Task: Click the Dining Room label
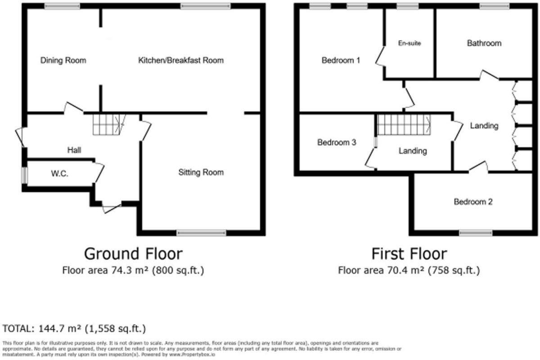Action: pos(63,60)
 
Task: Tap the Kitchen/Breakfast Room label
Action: pos(180,60)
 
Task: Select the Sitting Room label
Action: pos(201,172)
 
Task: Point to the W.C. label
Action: pos(59,174)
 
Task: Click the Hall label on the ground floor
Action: pos(74,150)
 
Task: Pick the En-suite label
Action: pos(409,44)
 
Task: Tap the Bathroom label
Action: pos(484,44)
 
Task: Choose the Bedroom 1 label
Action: pos(341,60)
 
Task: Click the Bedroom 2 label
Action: pos(473,202)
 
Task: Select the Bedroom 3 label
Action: pos(337,143)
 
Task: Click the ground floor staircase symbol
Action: pos(108,124)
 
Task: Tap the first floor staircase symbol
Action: pos(404,124)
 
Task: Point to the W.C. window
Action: pos(25,175)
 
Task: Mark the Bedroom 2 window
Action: pos(475,233)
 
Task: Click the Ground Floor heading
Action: pos(133,254)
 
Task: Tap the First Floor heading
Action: pos(409,254)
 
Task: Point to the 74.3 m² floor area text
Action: pos(133,270)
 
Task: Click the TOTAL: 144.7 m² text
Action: pos(74,328)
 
